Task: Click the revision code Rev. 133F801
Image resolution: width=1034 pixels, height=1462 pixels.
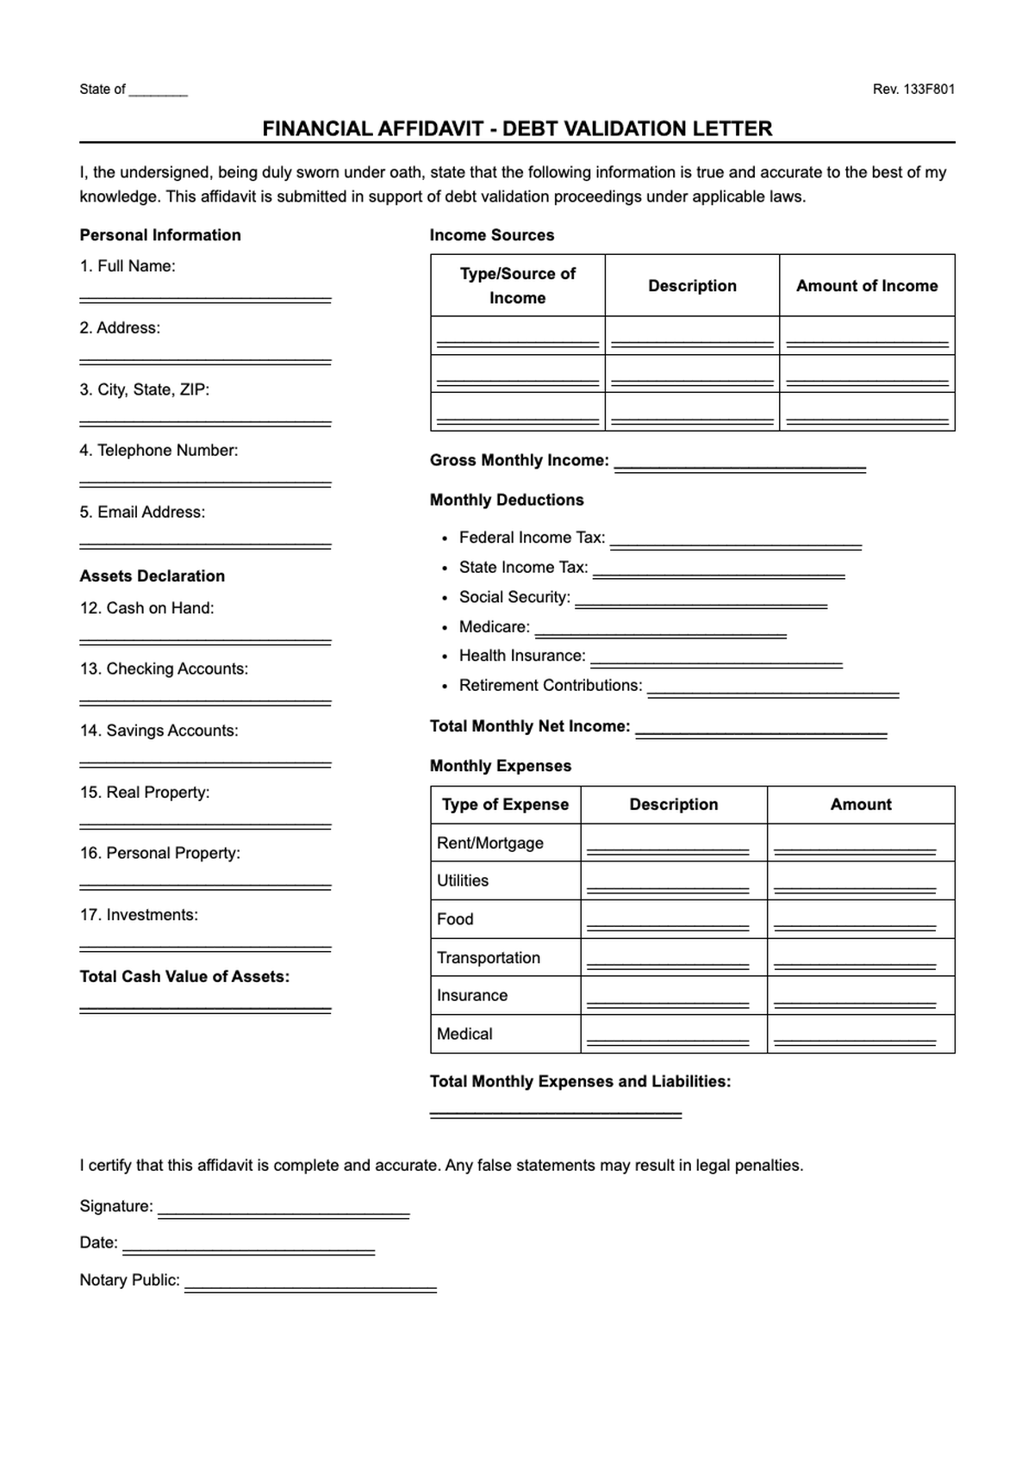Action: pyautogui.click(x=913, y=89)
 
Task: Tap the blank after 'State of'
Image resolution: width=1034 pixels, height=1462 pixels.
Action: pyautogui.click(x=158, y=91)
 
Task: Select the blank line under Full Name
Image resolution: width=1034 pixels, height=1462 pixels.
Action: pyautogui.click(x=205, y=299)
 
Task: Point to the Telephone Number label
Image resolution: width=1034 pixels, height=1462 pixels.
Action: pyautogui.click(x=159, y=451)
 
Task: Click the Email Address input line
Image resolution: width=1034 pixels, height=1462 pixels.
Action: pyautogui.click(x=205, y=545)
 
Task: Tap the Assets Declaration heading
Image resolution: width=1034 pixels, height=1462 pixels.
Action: pyautogui.click(x=153, y=575)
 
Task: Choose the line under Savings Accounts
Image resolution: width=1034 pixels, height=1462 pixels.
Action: pyautogui.click(x=205, y=763)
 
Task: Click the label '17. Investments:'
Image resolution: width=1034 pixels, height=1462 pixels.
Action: pyautogui.click(x=139, y=915)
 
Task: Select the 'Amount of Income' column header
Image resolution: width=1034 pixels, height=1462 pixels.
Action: pyautogui.click(x=867, y=285)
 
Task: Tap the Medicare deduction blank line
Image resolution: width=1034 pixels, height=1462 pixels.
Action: pyautogui.click(x=660, y=635)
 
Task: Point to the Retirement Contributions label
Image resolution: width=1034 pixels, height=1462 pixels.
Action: pyautogui.click(x=551, y=686)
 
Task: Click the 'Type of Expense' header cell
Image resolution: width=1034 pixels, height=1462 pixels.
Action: pyautogui.click(x=505, y=805)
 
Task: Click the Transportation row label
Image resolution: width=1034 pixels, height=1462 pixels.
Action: pyautogui.click(x=489, y=958)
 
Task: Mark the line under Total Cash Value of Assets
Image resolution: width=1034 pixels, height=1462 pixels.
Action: pyautogui.click(x=205, y=1009)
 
